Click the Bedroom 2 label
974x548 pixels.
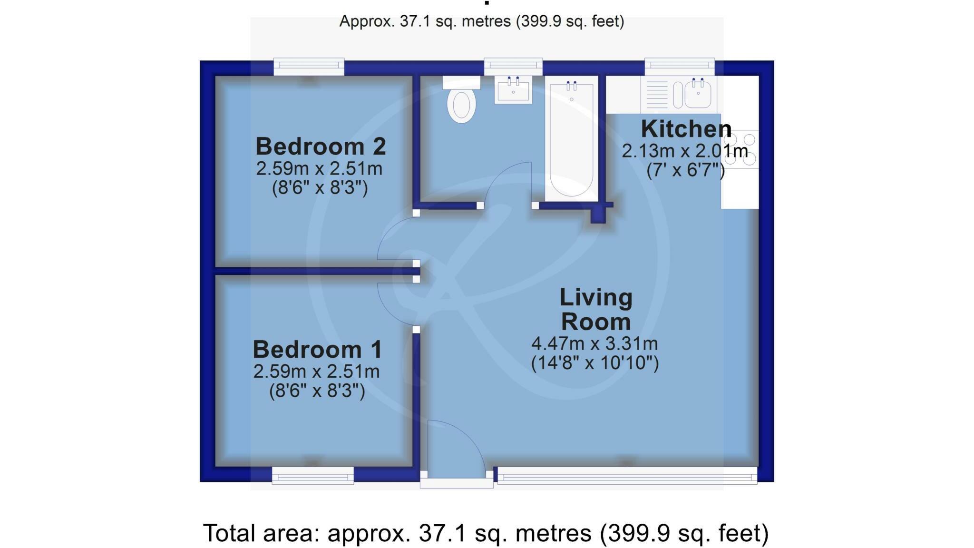click(320, 147)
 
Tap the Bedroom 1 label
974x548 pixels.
click(317, 350)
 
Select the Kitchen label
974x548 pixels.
click(686, 129)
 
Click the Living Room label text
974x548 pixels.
click(596, 309)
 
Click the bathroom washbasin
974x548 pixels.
click(513, 90)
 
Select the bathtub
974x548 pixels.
click(571, 138)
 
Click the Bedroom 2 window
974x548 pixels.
click(309, 67)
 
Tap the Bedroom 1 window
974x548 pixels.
click(312, 475)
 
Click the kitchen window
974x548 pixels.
click(679, 67)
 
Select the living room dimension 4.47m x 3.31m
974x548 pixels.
click(594, 343)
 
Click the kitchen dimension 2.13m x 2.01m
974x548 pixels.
click(685, 151)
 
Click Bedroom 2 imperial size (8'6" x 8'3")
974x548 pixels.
click(320, 188)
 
